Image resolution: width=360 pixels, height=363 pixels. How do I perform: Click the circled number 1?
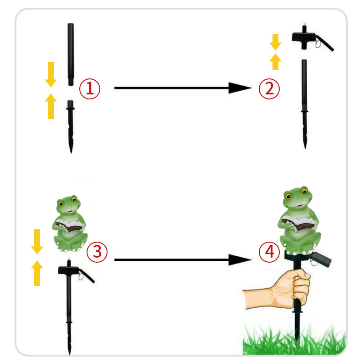[x=90, y=89]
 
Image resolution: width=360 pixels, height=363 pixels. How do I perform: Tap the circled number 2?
[x=269, y=89]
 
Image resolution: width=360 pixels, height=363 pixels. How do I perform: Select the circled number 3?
[x=97, y=252]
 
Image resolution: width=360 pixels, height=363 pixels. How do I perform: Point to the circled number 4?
[x=269, y=252]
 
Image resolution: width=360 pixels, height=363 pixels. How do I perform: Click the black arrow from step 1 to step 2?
[x=183, y=88]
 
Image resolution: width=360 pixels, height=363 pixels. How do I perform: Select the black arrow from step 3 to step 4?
[x=183, y=260]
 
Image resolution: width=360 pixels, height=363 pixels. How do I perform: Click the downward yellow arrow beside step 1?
[x=51, y=74]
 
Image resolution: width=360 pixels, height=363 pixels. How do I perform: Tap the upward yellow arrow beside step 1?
[x=51, y=106]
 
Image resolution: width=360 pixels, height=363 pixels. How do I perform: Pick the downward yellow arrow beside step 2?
[x=275, y=42]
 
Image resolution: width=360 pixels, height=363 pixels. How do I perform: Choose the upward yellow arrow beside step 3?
[x=37, y=273]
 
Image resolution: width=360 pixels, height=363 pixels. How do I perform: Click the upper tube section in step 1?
[x=71, y=54]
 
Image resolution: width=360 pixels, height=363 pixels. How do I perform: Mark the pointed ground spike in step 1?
[x=71, y=127]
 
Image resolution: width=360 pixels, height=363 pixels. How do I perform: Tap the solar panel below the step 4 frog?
[x=320, y=259]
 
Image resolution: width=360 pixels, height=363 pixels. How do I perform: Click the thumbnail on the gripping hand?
[x=307, y=275]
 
